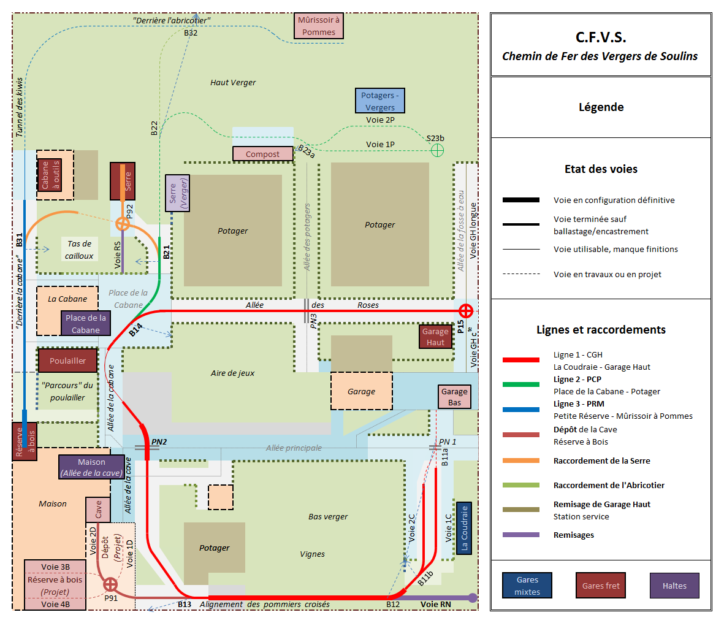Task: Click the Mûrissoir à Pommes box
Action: point(319,26)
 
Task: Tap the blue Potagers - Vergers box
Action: point(380,101)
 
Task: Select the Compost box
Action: point(263,154)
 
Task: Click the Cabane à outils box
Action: point(50,175)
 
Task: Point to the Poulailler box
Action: point(67,360)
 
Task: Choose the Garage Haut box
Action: point(435,337)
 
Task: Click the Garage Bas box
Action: point(454,397)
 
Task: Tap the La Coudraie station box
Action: point(464,528)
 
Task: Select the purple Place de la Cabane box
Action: point(85,323)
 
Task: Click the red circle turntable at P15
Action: point(466,311)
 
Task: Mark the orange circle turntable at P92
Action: point(123,224)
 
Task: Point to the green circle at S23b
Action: point(437,151)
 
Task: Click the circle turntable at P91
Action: point(110,584)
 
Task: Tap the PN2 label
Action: point(159,441)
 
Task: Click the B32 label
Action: point(191,32)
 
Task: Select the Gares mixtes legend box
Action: point(527,586)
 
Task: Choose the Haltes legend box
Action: point(674,586)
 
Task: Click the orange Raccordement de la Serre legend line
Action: point(521,461)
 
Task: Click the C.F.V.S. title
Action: point(601,37)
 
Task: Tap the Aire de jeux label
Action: point(233,373)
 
